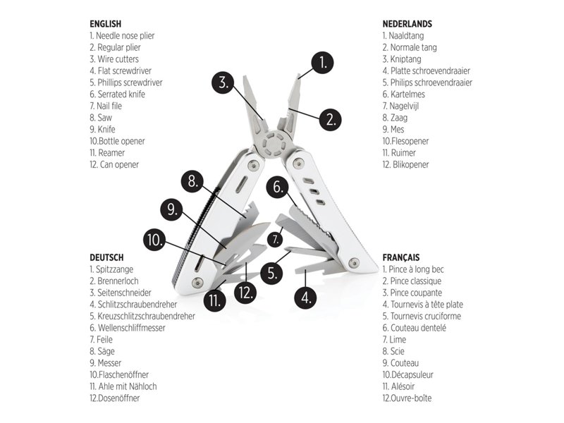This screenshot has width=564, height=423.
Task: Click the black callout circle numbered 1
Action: pyautogui.click(x=322, y=63)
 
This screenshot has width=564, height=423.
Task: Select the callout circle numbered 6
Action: pyautogui.click(x=278, y=188)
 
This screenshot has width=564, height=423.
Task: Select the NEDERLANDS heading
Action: pyautogui.click(x=407, y=23)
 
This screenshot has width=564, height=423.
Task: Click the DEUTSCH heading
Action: pyautogui.click(x=106, y=257)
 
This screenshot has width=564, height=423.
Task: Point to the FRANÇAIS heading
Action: pyautogui.click(x=401, y=257)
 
